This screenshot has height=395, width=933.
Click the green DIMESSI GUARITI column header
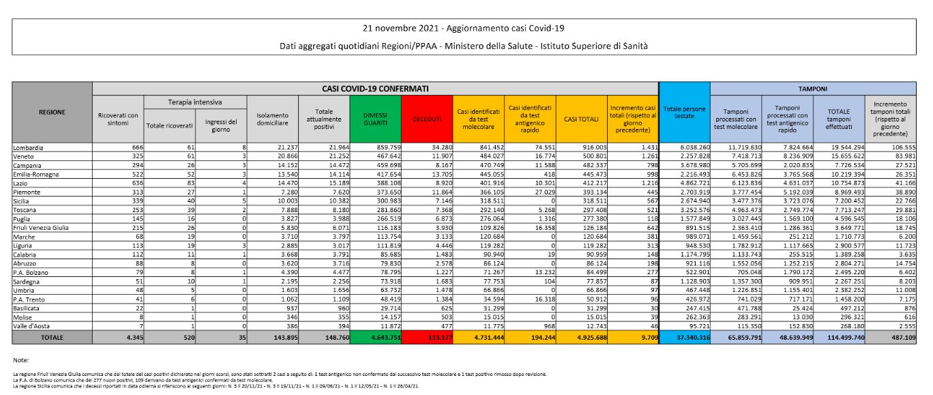(374, 119)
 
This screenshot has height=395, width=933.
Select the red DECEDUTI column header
(426, 119)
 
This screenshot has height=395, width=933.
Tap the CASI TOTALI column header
(580, 119)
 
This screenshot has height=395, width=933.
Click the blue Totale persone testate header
(684, 112)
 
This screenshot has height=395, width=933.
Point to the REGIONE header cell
(53, 112)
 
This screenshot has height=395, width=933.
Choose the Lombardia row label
(29, 147)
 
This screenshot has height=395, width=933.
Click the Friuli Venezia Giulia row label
(40, 226)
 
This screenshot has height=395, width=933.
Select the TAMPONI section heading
(814, 89)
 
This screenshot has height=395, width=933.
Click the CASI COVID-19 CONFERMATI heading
(375, 89)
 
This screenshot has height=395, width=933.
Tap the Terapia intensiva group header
(194, 102)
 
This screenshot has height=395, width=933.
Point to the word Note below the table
(22, 360)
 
